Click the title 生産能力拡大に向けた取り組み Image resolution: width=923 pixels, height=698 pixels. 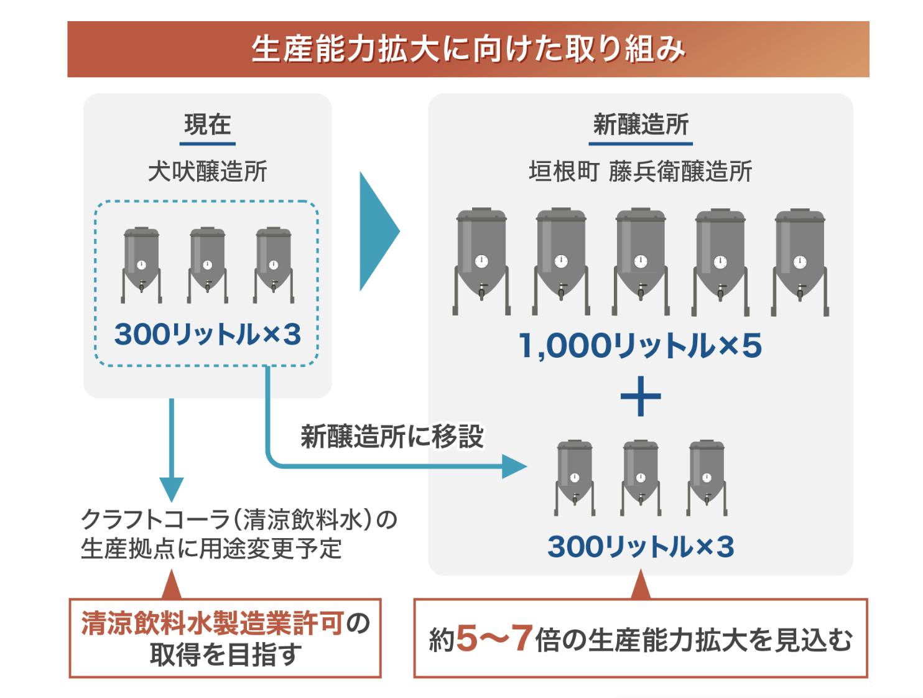click(468, 50)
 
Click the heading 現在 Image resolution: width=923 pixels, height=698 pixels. click(207, 125)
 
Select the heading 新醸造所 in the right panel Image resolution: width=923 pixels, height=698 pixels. click(640, 125)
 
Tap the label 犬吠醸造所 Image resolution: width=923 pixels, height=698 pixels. click(207, 171)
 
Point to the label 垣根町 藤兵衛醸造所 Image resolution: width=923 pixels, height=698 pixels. click(640, 171)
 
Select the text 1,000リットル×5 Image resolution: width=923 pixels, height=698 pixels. click(640, 346)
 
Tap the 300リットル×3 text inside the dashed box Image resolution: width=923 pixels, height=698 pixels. click(207, 335)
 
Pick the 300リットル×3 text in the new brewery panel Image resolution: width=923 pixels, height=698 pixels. click(640, 547)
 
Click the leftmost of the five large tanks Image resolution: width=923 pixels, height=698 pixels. click(481, 261)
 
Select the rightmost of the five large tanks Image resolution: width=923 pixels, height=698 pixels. click(799, 261)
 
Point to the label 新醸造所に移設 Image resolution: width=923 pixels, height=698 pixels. click(392, 437)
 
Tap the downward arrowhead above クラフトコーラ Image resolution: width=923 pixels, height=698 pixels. click(171, 489)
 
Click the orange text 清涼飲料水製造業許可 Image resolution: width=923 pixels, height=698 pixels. click(212, 623)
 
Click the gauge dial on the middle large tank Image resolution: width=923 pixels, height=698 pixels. click(641, 261)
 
